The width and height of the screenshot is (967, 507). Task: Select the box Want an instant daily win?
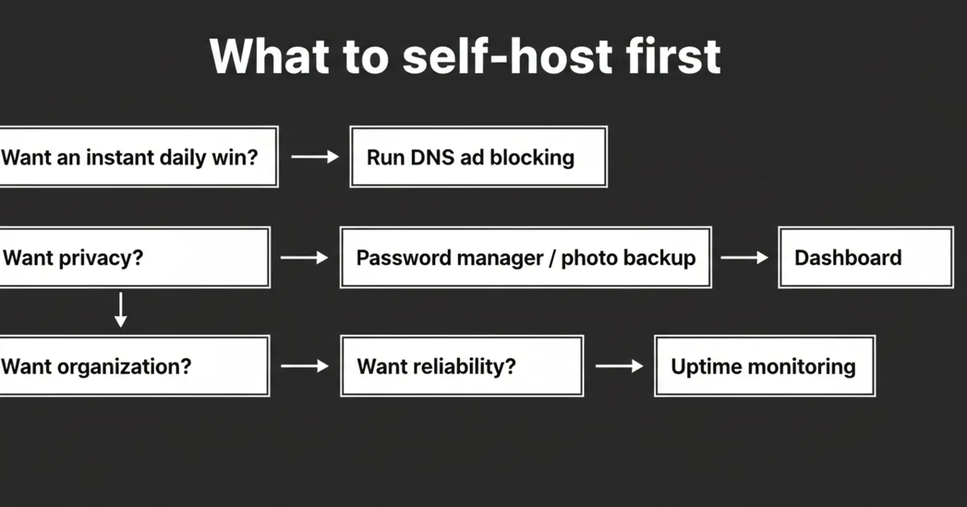tap(137, 157)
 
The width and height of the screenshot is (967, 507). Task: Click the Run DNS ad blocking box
tap(478, 157)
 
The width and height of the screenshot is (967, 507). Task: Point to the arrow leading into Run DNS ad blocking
tap(315, 157)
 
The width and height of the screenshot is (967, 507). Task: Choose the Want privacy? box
tap(133, 258)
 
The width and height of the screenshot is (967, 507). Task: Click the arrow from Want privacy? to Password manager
tap(305, 258)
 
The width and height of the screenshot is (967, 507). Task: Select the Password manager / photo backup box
tap(525, 258)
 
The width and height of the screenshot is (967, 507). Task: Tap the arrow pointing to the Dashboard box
tap(745, 258)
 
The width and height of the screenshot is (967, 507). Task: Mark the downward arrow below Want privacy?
tap(121, 310)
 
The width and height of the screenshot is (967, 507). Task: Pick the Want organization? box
tap(133, 366)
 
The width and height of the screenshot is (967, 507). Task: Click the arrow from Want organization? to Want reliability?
tap(305, 366)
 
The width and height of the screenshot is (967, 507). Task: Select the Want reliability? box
tap(461, 366)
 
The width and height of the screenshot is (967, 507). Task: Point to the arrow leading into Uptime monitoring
tap(619, 366)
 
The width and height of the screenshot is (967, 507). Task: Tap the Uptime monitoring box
tap(764, 366)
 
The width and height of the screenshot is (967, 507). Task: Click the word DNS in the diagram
tap(433, 157)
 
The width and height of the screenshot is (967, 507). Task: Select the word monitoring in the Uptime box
tap(801, 367)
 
